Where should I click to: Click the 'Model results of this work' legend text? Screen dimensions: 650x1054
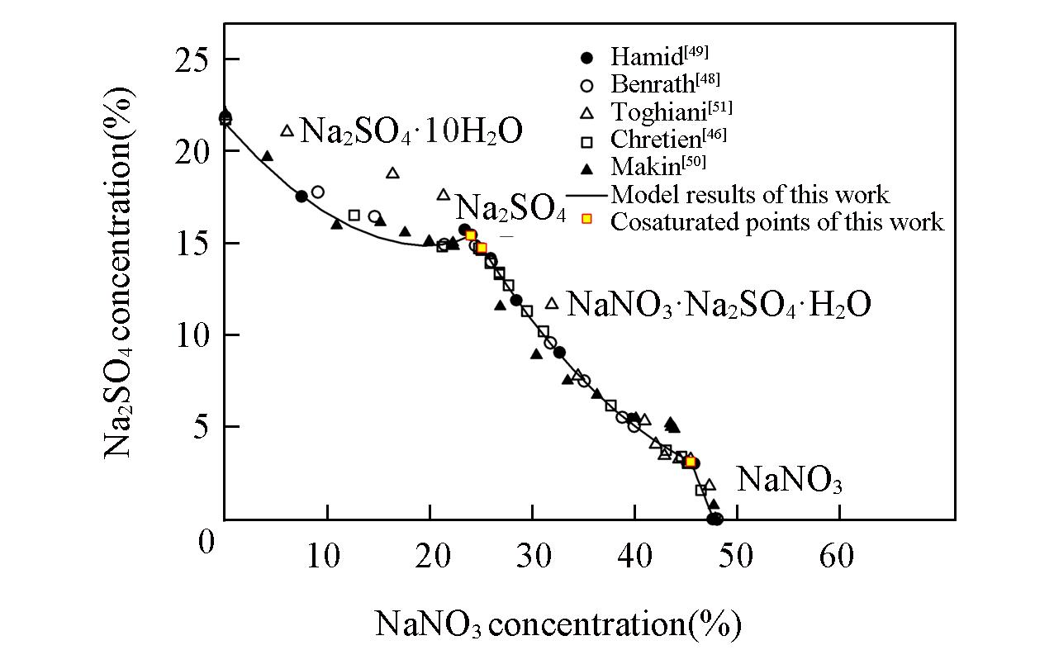(749, 194)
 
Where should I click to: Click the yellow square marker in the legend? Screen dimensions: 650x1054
(586, 220)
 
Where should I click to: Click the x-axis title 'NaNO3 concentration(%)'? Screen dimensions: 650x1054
(558, 624)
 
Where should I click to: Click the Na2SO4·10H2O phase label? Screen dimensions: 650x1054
(411, 131)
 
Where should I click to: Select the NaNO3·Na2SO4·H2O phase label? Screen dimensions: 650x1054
(718, 305)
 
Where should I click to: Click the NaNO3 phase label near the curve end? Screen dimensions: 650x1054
(789, 480)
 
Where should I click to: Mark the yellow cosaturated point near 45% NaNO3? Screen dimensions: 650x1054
(690, 462)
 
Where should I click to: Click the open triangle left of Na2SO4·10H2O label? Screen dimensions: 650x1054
(287, 130)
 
